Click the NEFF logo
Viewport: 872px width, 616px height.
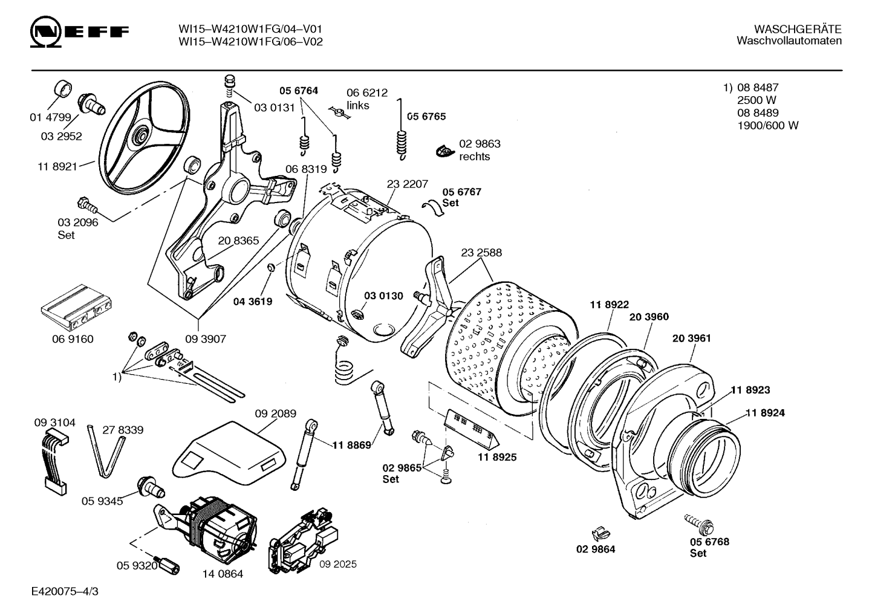pyautogui.click(x=79, y=31)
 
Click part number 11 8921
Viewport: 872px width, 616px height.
pyautogui.click(x=57, y=167)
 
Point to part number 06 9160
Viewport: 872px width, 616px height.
pyautogui.click(x=73, y=339)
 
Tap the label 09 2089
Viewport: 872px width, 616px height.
pyautogui.click(x=276, y=413)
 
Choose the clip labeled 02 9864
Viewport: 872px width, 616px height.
pyautogui.click(x=600, y=534)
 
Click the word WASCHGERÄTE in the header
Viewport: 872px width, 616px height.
pyautogui.click(x=798, y=29)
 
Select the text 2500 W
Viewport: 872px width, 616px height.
pyautogui.click(x=756, y=100)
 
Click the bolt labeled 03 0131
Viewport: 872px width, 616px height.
pyautogui.click(x=230, y=87)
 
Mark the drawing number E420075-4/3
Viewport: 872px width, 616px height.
pyautogui.click(x=65, y=591)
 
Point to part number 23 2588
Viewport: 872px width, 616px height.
pyautogui.click(x=481, y=253)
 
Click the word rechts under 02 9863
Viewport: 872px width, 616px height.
pyautogui.click(x=475, y=157)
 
